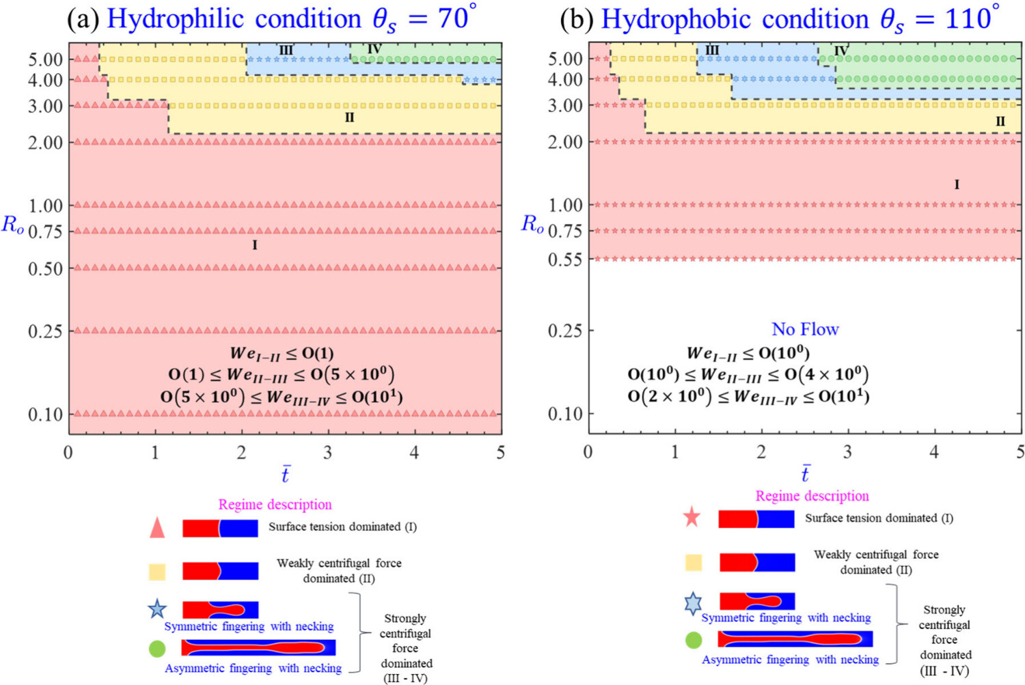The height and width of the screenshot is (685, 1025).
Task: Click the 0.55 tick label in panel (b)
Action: (565, 260)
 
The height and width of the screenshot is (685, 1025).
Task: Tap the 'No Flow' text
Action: (806, 329)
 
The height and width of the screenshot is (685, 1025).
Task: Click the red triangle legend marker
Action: (157, 528)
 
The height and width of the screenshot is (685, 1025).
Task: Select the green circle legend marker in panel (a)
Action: (157, 649)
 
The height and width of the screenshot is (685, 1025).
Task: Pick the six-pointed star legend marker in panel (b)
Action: (693, 604)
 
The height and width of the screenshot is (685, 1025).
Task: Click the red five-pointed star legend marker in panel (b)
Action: (692, 518)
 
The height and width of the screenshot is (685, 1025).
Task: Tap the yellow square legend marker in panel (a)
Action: (157, 572)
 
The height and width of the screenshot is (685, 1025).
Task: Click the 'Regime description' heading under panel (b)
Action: (812, 496)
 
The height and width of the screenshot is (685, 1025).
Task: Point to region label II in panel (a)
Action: (350, 118)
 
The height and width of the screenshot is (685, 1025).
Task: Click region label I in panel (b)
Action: (957, 185)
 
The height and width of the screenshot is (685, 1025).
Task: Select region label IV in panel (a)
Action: (374, 49)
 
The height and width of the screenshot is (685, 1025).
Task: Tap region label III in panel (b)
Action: (712, 51)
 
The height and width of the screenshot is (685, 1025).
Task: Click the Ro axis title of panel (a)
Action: (12, 225)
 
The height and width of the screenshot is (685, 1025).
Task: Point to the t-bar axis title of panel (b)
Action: (806, 473)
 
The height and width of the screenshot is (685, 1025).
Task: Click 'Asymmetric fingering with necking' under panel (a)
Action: (253, 669)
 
